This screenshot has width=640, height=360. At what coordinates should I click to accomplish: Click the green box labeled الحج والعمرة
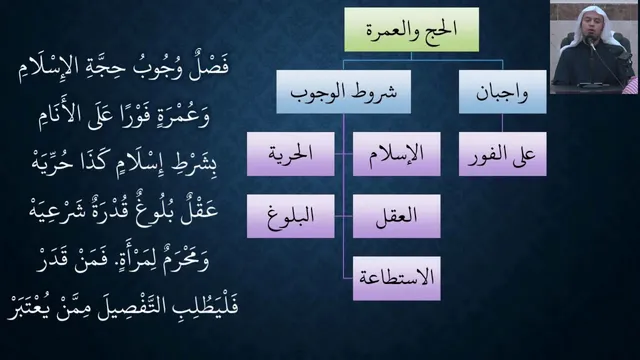point(411,29)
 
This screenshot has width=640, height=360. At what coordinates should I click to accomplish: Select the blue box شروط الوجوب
point(344,92)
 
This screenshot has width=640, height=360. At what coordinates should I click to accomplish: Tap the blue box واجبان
point(502,92)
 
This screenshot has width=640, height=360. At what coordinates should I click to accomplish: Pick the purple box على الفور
point(502,154)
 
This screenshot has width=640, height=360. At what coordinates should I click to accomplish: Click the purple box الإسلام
point(397,154)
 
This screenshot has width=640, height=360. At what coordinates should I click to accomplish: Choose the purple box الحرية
point(291,154)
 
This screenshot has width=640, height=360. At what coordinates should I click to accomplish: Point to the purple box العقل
point(397,216)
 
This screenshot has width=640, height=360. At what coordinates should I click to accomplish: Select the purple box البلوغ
point(291,216)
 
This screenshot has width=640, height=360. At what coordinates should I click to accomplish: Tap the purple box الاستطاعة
point(397,278)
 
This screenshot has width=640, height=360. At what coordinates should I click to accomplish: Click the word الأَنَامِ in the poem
point(60,118)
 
